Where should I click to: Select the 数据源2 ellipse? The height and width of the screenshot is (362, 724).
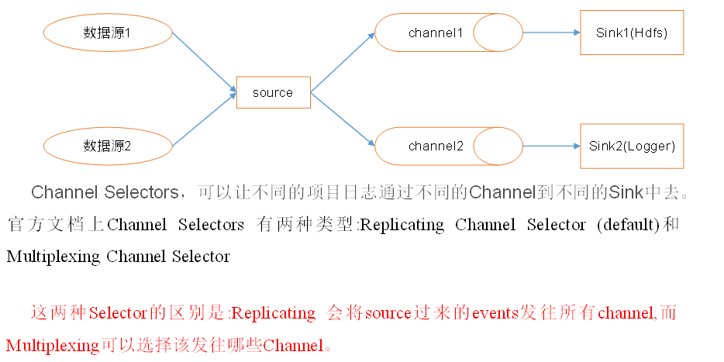point(108,145)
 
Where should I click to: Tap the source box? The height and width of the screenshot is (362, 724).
point(273,92)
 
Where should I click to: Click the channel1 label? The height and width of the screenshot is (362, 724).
point(436,33)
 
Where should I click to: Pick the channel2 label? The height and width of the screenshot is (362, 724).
point(436,146)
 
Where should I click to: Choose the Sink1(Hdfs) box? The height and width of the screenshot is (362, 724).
point(632,33)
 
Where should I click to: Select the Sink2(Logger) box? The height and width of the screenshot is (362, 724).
point(632,146)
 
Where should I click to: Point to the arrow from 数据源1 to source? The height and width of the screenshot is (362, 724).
point(203,61)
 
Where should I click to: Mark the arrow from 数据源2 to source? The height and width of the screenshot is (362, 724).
point(203,120)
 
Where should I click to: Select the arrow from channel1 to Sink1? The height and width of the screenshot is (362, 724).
point(551,33)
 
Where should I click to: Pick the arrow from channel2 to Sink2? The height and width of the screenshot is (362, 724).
point(551,146)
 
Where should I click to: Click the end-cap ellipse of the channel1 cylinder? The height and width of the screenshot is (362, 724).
point(498,33)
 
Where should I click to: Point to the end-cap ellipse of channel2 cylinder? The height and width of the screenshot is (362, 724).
point(498,146)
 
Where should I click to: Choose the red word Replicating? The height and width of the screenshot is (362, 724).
point(274,314)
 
